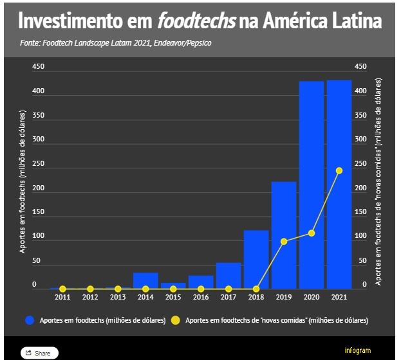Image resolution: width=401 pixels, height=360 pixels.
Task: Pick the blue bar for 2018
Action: point(256,260)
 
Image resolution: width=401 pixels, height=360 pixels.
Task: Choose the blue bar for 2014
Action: point(145,281)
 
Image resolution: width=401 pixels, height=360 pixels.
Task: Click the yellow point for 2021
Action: point(339,170)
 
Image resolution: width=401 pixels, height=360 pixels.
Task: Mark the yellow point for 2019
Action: point(284,242)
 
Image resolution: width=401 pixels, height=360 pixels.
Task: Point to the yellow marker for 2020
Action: point(312,233)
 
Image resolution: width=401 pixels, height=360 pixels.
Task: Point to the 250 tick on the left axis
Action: point(38,164)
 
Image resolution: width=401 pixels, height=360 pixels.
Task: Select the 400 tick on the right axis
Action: point(360,91)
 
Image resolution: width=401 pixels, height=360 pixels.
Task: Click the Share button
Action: point(39,353)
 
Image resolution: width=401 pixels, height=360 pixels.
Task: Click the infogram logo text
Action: point(358,350)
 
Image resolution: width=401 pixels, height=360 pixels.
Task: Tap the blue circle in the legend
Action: point(29,319)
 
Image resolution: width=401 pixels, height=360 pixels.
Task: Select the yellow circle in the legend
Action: point(175,319)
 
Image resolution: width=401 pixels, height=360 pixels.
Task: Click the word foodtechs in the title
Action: point(196,21)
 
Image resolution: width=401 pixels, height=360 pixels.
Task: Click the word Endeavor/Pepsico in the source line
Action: point(183,43)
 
